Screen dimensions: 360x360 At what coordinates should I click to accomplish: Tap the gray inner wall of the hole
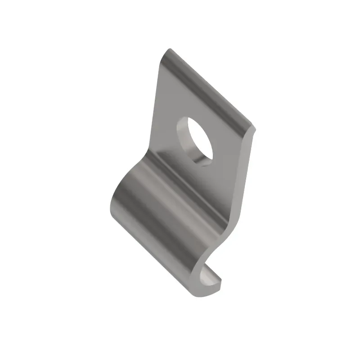click(184, 139)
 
